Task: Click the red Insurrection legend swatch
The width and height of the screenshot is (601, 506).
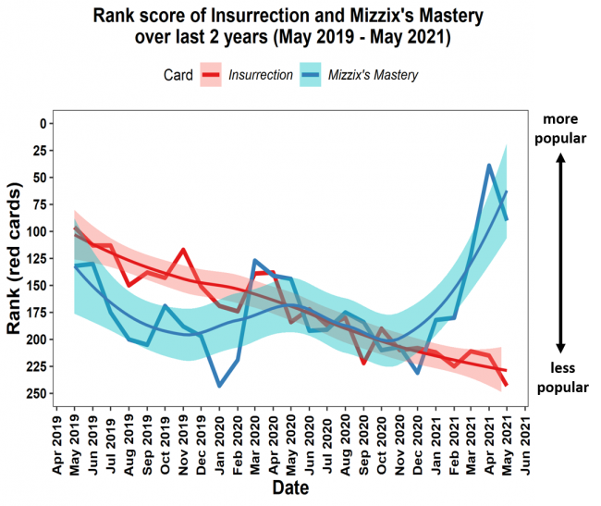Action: click(x=212, y=76)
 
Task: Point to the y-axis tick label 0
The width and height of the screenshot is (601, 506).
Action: click(x=42, y=123)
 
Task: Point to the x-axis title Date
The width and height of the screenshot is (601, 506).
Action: click(x=290, y=487)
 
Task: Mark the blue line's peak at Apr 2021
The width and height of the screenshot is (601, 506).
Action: click(x=489, y=166)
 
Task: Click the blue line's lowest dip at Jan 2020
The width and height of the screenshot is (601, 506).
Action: click(x=220, y=385)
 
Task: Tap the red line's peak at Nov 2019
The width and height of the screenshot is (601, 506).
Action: click(x=184, y=250)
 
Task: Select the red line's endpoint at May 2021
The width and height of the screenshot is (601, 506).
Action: click(x=507, y=385)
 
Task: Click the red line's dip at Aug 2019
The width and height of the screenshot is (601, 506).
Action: click(x=129, y=284)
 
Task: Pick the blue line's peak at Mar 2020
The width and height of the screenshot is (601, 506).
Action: click(x=255, y=261)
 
